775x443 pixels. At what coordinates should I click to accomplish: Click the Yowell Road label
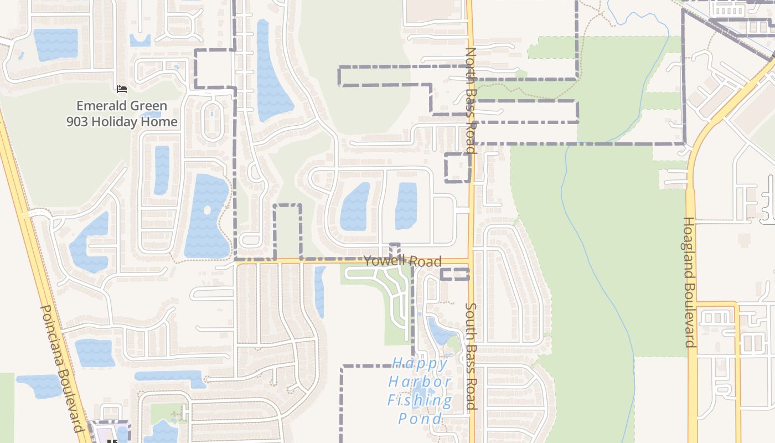pyautogui.click(x=402, y=261)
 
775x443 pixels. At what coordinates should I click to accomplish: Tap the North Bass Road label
pyautogui.click(x=471, y=100)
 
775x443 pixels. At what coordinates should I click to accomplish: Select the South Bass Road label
pyautogui.click(x=471, y=356)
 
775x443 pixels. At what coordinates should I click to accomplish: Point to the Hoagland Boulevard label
pyautogui.click(x=689, y=282)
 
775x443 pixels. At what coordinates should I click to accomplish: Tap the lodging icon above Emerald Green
pyautogui.click(x=122, y=89)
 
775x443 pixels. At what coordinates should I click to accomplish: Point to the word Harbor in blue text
pyautogui.click(x=420, y=382)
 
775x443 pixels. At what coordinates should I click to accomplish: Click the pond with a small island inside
pyautogui.click(x=207, y=216)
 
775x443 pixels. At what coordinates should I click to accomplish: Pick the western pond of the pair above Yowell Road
pyautogui.click(x=354, y=207)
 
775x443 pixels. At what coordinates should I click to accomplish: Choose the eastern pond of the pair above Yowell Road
pyautogui.click(x=406, y=205)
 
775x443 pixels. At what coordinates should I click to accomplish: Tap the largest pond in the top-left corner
pyautogui.click(x=55, y=44)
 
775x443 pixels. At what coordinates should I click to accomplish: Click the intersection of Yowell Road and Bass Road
pyautogui.click(x=471, y=260)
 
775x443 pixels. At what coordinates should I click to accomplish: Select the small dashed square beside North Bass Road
pyautogui.click(x=457, y=168)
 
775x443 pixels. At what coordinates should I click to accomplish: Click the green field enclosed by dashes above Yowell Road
pyautogui.click(x=288, y=231)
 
